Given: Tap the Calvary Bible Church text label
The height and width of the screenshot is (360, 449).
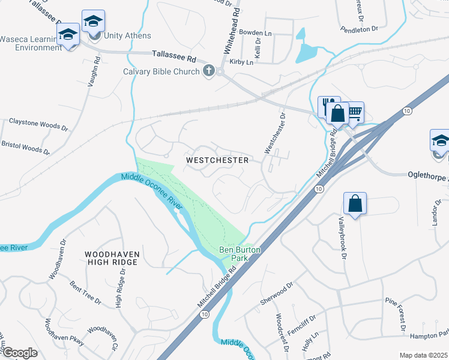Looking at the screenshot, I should tap(161, 72).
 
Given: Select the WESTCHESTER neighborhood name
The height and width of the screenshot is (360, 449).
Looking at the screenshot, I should tap(217, 160).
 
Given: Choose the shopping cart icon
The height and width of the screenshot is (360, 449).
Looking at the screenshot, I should tap(354, 112).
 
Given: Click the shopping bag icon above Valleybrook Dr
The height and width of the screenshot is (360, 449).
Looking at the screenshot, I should tap(355, 203).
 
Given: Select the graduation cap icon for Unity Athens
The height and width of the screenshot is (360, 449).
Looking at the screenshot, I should tap(93, 22).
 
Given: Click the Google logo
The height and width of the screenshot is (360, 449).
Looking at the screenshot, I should tap(20, 353).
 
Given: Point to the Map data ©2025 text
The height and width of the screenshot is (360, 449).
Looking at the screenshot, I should tap(423, 355).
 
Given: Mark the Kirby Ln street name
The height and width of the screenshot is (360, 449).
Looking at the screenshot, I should tap(241, 62).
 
